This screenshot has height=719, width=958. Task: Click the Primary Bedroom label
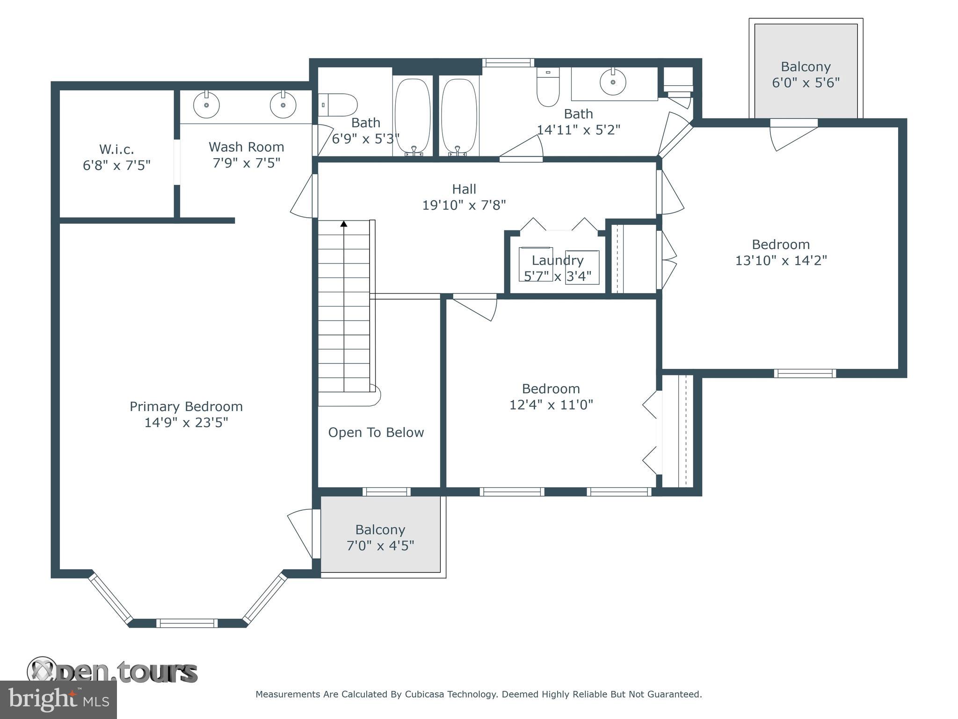(x=186, y=406)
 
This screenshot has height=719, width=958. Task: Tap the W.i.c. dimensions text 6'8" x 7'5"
(x=116, y=165)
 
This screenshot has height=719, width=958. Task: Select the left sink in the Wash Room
(x=206, y=105)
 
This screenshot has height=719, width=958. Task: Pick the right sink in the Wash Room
(x=283, y=105)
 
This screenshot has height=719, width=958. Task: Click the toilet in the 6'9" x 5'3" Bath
(x=339, y=105)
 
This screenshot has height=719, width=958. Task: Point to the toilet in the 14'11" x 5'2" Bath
(x=548, y=88)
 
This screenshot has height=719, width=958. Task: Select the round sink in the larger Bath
(x=613, y=82)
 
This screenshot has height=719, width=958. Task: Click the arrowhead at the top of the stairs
(x=344, y=224)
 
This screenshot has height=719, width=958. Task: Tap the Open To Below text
(x=376, y=433)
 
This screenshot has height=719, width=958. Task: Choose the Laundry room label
(x=557, y=260)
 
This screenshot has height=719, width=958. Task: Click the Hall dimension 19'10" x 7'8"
(x=464, y=205)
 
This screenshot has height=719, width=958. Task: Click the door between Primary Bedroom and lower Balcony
(x=302, y=534)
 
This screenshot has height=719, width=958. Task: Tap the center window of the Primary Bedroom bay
(x=187, y=623)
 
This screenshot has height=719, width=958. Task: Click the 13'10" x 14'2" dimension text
(x=781, y=260)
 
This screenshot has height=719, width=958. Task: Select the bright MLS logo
(x=58, y=699)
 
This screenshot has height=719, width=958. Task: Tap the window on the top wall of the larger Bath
(x=508, y=62)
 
